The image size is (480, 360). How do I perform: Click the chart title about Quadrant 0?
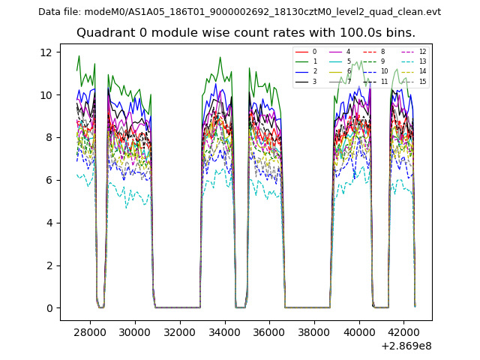pos(246,33)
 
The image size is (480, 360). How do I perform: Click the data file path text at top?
pos(239,12)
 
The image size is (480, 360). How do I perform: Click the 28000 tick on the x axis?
pos(90,331)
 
